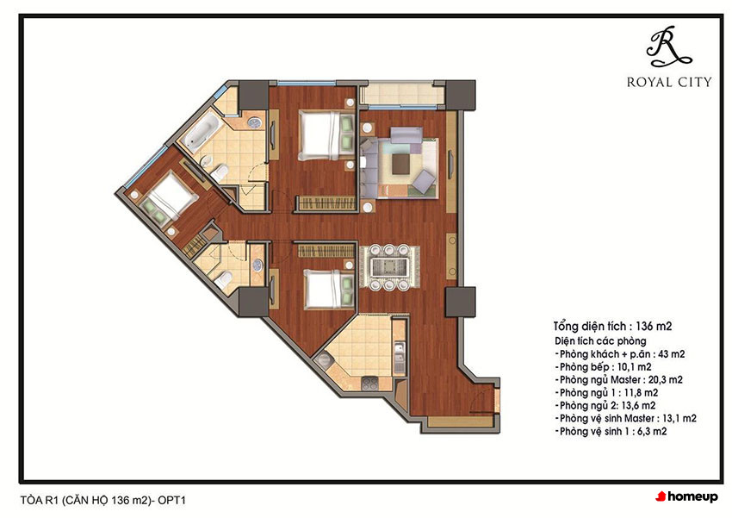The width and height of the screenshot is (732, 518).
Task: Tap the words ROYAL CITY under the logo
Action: point(669,83)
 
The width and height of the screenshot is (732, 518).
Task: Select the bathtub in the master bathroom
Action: point(202,130)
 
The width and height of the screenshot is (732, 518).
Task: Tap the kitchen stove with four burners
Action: point(369,384)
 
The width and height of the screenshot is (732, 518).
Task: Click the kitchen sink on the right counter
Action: point(399,358)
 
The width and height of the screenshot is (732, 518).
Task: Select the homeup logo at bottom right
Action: point(686,497)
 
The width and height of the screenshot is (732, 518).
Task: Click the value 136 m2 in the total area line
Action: point(654,326)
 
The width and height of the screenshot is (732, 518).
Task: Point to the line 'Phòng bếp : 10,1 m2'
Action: point(603,367)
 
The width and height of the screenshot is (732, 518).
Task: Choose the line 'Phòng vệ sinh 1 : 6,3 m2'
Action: point(611,432)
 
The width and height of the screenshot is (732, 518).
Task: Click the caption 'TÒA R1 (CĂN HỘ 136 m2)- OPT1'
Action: point(103,500)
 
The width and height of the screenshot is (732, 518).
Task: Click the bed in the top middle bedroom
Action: point(326,135)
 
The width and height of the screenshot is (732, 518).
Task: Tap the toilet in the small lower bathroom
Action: point(223,278)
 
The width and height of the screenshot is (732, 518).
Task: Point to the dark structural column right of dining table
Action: point(460,302)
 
